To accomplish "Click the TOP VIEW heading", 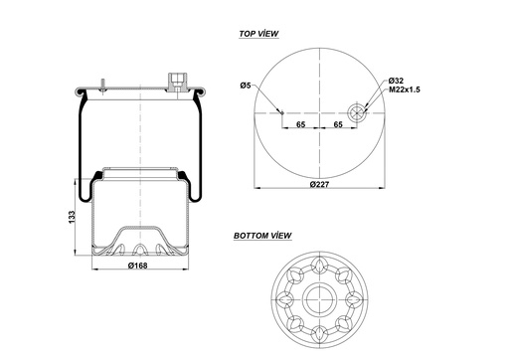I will (258, 34).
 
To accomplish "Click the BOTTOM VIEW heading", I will (262, 237).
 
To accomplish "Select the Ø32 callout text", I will (395, 80).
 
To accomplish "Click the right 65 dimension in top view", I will (338, 126).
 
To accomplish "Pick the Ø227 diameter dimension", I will (319, 185).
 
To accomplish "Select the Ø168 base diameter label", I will (138, 265).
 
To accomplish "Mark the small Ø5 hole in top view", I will (282, 112).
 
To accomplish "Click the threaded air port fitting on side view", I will (179, 81).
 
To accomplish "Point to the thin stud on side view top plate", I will (103, 85).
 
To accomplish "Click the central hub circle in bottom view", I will (319, 298).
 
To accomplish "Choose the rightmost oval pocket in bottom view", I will (356, 298).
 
